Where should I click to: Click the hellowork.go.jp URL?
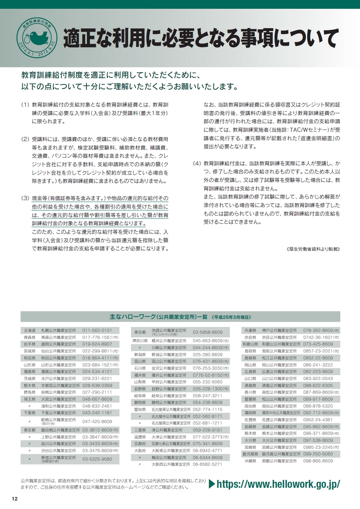tap(278, 484)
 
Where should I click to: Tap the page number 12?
tap(14, 499)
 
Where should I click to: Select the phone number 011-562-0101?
tap(97, 330)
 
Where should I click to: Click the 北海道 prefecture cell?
tap(30, 330)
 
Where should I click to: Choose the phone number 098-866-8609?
tap(318, 461)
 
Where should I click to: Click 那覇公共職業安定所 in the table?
tap(279, 461)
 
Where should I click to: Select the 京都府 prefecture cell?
tap(140, 444)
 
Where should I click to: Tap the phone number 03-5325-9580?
tap(97, 459)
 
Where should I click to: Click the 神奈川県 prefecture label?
tap(140, 341)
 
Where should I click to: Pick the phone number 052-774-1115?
tap(208, 409)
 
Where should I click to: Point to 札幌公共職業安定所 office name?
tap(59, 330)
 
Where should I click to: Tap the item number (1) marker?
tap(25, 105)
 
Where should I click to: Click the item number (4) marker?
tap(197, 163)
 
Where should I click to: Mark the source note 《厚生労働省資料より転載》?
tap(313, 249)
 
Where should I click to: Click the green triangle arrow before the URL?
tap(212, 484)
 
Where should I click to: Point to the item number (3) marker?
tap(25, 198)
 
